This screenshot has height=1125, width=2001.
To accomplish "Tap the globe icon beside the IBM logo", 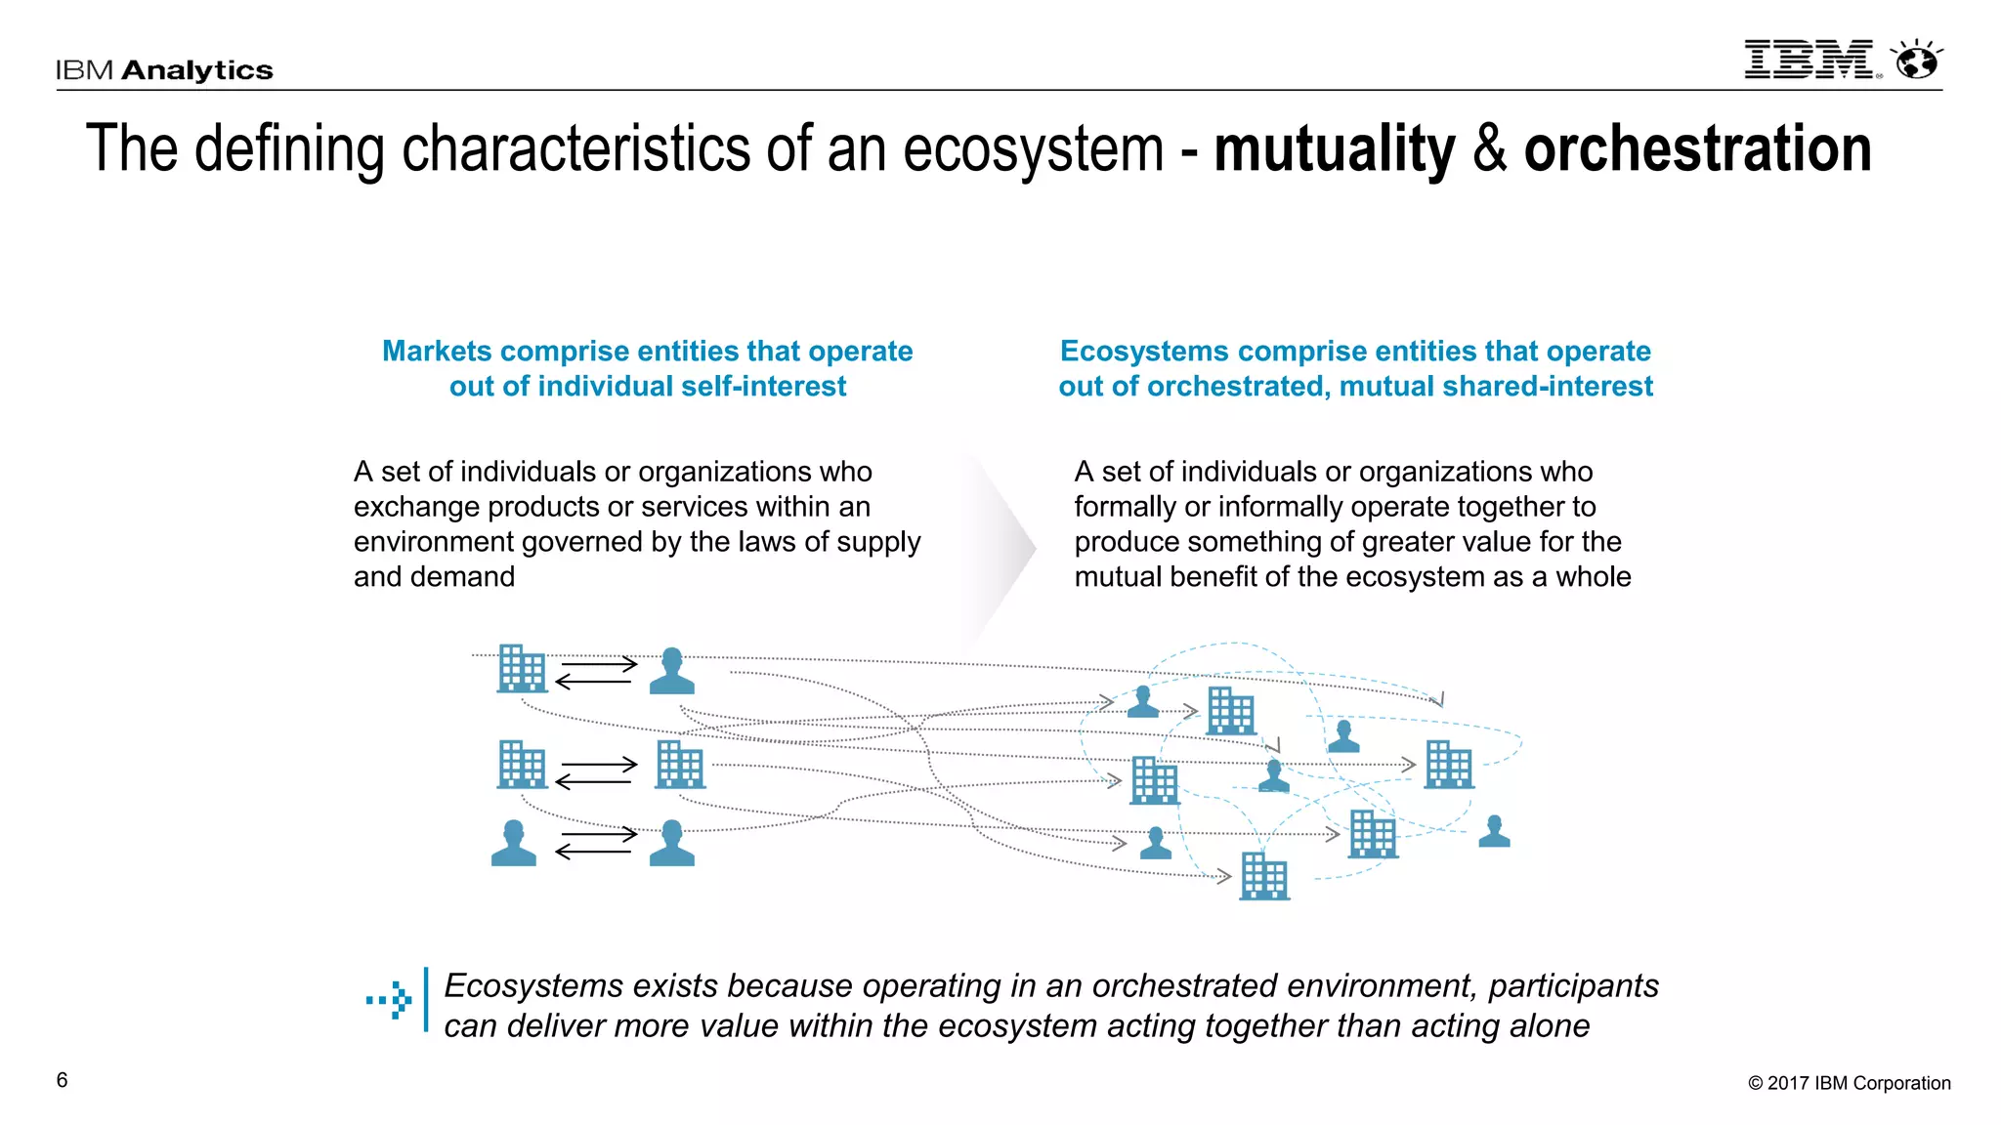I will coord(1917,61).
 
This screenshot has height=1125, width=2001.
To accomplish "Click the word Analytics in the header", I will coord(197,70).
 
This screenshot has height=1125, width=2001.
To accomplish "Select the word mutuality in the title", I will coord(1334,149).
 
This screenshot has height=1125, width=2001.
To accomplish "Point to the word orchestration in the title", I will coord(1697,149).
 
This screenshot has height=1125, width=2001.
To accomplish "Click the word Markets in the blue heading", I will coord(437,351).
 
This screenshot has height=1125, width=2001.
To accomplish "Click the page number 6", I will coord(63,1080).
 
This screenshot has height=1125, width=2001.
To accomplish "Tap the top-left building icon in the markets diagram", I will coord(522,669).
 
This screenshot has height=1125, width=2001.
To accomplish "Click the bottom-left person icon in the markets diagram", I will coord(514,844).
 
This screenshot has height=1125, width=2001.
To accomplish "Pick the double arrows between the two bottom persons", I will coord(595,843).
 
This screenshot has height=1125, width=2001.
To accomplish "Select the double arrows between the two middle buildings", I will coord(595,772).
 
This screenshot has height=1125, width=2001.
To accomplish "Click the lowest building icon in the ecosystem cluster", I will coord(1264,876).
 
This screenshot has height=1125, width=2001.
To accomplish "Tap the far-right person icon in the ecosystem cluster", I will coord(1494,831).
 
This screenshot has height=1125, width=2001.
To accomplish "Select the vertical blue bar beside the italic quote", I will coord(426,1000).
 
